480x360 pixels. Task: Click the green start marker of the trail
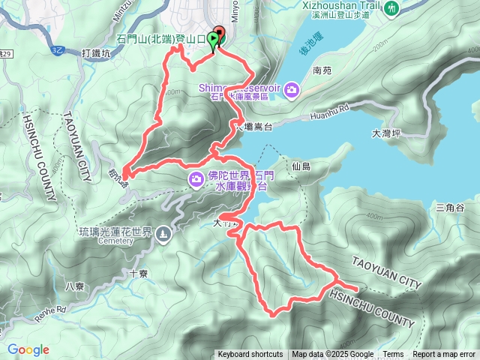214,40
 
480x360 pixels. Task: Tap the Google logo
28,349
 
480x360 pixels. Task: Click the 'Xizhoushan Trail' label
344,5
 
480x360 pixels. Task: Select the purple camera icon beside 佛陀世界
196,178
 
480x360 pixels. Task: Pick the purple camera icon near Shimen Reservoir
291,91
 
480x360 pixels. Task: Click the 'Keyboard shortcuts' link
250,355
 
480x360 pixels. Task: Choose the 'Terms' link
393,355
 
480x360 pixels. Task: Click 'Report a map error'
444,355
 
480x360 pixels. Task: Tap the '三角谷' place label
450,207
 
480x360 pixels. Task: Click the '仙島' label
302,166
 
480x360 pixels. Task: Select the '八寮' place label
75,286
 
